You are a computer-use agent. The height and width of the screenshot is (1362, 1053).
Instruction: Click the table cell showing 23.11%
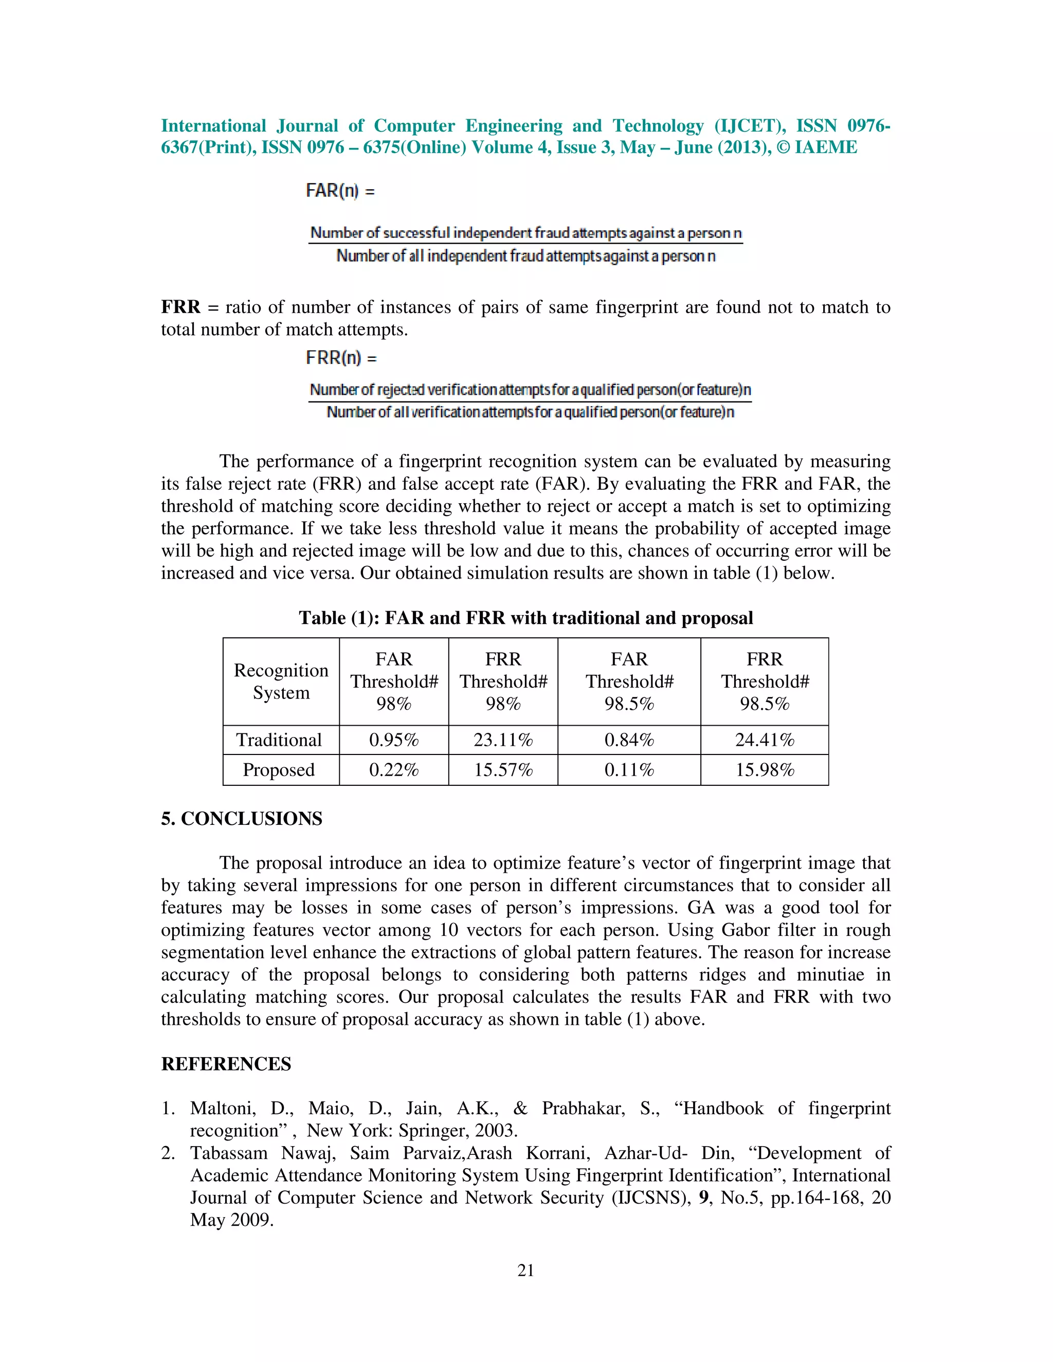[503, 740]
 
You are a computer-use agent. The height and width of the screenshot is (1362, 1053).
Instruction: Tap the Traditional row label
[279, 740]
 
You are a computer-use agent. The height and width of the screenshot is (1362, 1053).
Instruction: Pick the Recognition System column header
[281, 681]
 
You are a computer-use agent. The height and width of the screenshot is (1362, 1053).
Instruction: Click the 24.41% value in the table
[764, 740]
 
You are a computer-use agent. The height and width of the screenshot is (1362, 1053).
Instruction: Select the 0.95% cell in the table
[394, 740]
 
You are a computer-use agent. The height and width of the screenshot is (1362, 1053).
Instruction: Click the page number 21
[526, 1271]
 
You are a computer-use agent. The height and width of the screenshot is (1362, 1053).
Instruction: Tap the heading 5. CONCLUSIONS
[242, 818]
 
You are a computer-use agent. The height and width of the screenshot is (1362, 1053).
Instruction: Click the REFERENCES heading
[226, 1063]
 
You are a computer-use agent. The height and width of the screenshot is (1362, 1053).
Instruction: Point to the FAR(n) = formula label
[340, 190]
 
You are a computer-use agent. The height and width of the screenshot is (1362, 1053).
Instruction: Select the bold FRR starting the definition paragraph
[180, 307]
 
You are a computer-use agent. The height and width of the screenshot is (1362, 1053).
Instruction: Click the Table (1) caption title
[526, 617]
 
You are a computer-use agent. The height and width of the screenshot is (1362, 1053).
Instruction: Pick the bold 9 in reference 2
[704, 1198]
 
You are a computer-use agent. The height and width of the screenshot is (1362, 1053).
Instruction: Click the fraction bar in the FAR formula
[525, 243]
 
